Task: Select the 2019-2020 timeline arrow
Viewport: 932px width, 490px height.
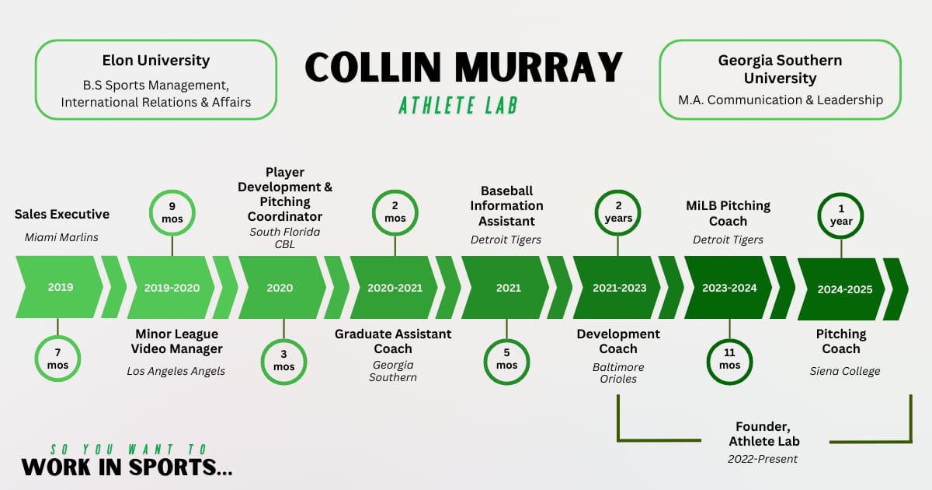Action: (172, 288)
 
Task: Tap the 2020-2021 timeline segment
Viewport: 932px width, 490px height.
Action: (395, 288)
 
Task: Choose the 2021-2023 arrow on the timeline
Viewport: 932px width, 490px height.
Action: (618, 288)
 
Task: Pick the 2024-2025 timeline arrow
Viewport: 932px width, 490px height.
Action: (843, 289)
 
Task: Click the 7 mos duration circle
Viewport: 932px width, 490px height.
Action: (57, 359)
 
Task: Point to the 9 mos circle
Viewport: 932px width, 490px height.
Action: (172, 212)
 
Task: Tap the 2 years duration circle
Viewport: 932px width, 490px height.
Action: (618, 212)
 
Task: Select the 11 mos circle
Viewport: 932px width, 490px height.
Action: (729, 359)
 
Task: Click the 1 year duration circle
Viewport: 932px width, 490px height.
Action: (841, 215)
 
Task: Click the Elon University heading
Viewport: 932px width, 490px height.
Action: (156, 60)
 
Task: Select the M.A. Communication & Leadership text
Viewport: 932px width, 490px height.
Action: (780, 100)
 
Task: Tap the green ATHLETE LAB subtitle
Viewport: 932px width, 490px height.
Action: (458, 105)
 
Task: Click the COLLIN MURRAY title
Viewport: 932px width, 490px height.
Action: (464, 68)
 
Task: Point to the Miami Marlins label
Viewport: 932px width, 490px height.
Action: (57, 237)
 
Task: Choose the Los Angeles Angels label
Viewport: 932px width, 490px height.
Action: (176, 371)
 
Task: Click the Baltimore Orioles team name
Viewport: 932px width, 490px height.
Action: (618, 373)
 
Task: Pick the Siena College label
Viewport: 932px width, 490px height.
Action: (845, 371)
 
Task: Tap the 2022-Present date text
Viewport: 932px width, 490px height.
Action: (763, 459)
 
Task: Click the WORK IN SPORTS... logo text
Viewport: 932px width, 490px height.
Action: (127, 467)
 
